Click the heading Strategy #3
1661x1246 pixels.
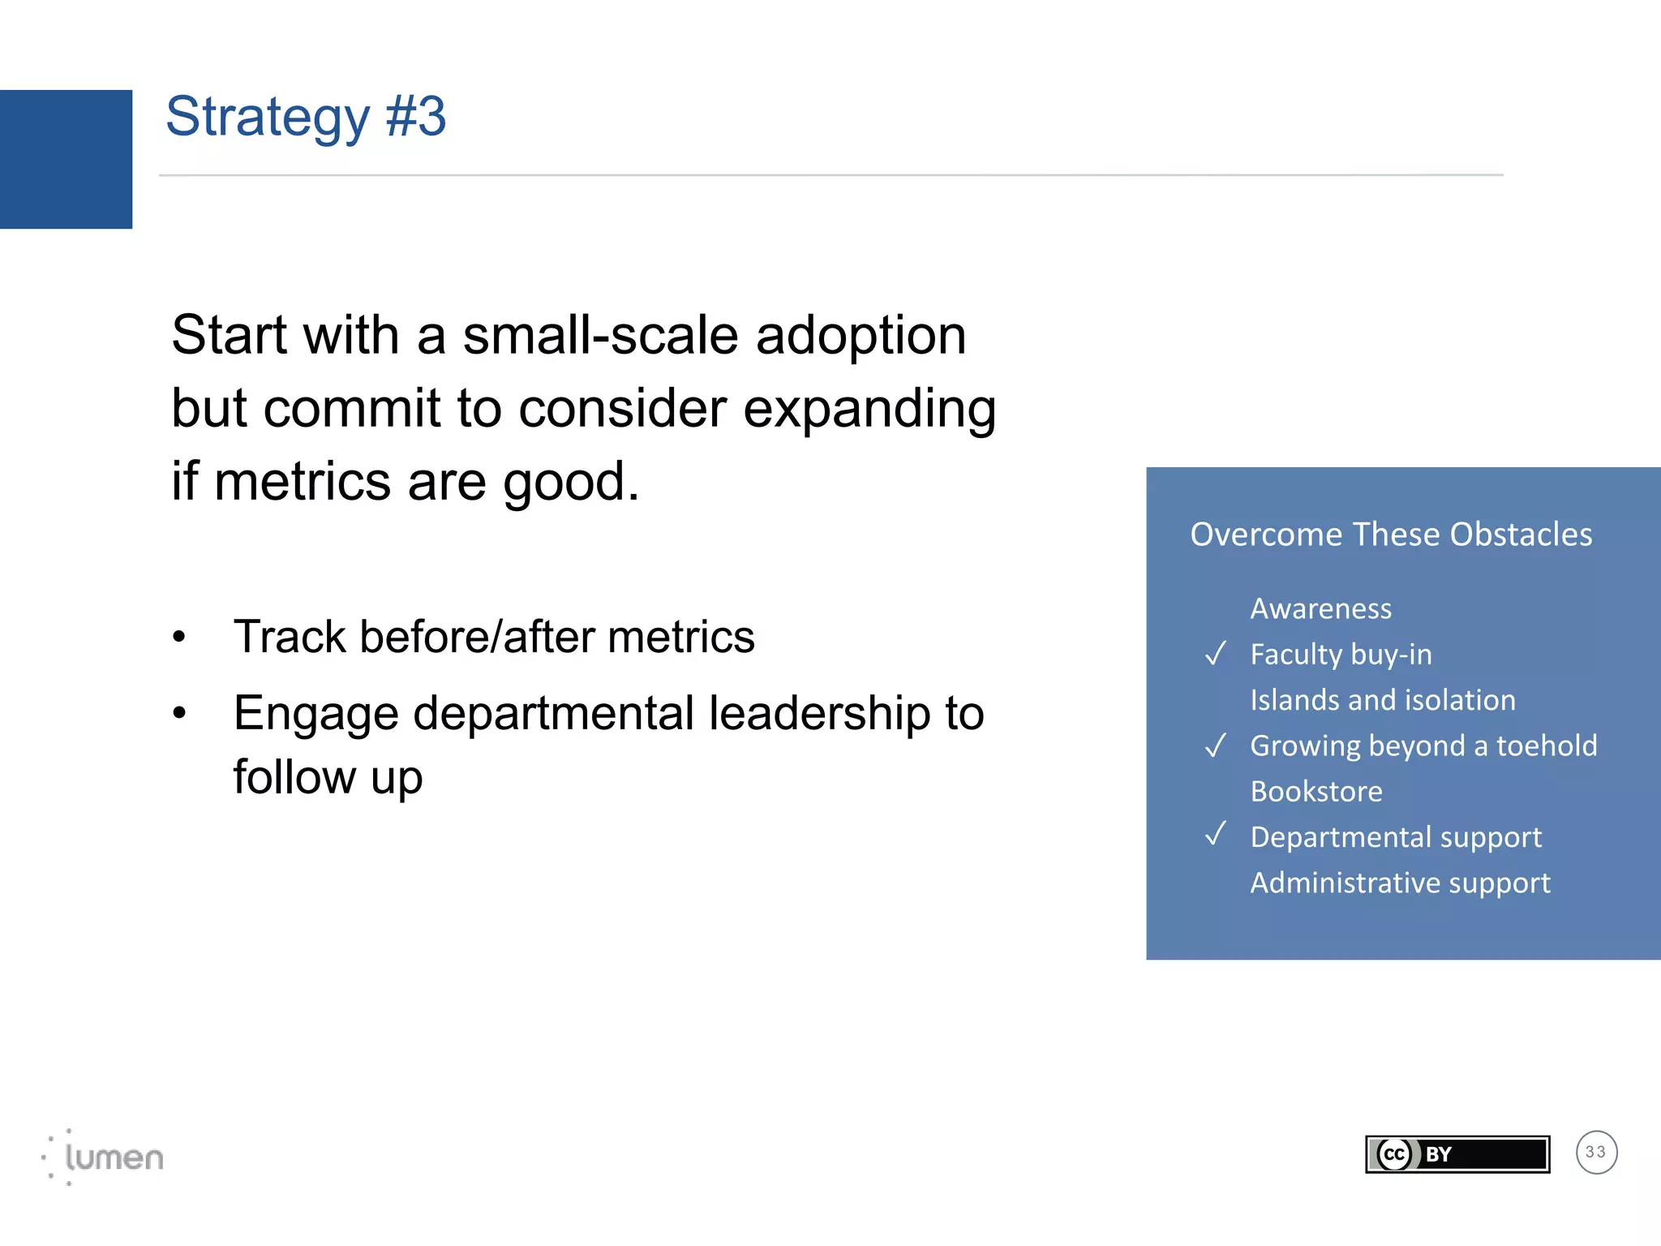pos(306,117)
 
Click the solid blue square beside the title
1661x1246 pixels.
pos(66,159)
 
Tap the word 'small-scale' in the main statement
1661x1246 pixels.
pos(600,335)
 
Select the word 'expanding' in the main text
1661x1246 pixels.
pos(869,408)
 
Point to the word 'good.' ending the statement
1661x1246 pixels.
pos(571,482)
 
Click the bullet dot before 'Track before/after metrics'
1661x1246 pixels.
pos(179,637)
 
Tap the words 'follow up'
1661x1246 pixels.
pos(328,777)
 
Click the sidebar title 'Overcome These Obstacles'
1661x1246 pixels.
pos(1391,535)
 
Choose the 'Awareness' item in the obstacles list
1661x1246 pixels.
pos(1320,608)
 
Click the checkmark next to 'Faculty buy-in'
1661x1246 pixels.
pos(1215,653)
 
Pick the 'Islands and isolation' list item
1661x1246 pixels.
pos(1382,700)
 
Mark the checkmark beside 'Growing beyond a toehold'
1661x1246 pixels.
pos(1215,745)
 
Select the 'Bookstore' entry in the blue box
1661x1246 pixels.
pos(1315,791)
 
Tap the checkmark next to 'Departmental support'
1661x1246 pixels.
pos(1215,834)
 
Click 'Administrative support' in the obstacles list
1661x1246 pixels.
pos(1400,883)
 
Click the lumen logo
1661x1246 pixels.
pos(104,1157)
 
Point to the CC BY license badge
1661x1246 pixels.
pos(1457,1154)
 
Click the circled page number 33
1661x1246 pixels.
pos(1596,1152)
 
